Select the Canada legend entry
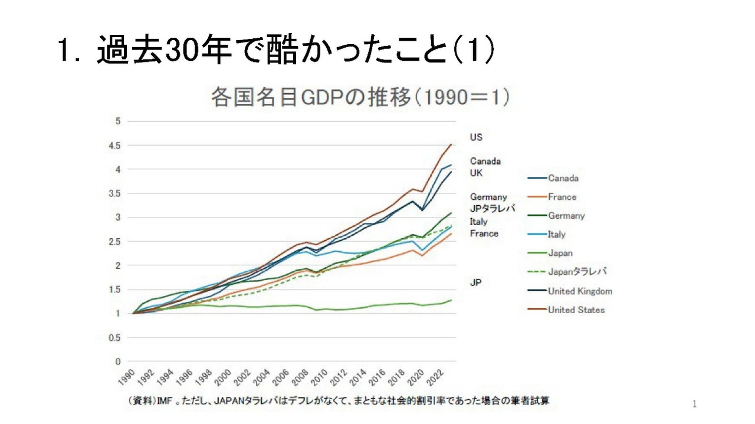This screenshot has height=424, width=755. click(x=563, y=178)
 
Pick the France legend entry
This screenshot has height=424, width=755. click(x=562, y=197)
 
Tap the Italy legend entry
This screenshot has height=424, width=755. click(x=556, y=234)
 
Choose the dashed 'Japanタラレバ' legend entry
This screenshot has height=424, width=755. click(x=577, y=272)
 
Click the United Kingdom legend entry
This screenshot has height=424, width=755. click(x=579, y=291)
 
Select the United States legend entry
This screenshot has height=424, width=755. click(x=576, y=310)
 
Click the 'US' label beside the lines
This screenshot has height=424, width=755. click(x=476, y=137)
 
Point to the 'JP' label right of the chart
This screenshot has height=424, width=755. click(x=475, y=282)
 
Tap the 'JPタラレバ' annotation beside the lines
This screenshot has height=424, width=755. click(x=493, y=209)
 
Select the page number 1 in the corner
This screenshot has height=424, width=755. click(x=694, y=404)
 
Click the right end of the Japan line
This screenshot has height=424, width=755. click(x=451, y=300)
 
